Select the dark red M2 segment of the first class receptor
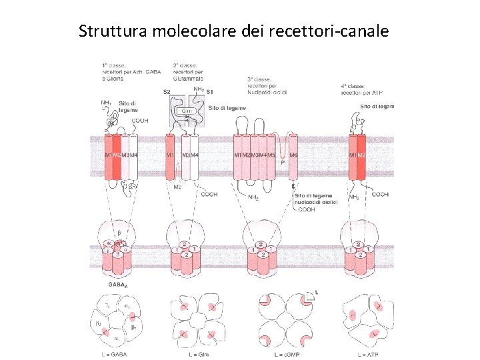click(x=117, y=155)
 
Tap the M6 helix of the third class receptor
click(x=293, y=155)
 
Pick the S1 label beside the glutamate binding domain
click(x=210, y=91)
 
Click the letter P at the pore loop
click(x=283, y=162)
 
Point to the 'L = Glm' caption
click(x=195, y=353)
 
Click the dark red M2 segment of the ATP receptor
click(x=361, y=155)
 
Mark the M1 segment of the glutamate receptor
click(x=170, y=155)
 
